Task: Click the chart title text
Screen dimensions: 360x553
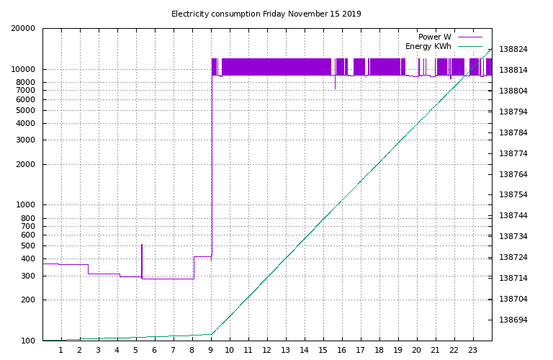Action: (x=266, y=14)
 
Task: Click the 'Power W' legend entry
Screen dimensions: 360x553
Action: (x=434, y=37)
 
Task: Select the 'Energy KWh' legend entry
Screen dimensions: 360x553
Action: (x=428, y=46)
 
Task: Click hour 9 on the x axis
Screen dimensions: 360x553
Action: (x=210, y=351)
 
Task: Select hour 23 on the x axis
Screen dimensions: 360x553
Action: (x=472, y=351)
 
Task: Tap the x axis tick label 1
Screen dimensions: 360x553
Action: (x=60, y=351)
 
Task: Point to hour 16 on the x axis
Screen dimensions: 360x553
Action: (x=341, y=351)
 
